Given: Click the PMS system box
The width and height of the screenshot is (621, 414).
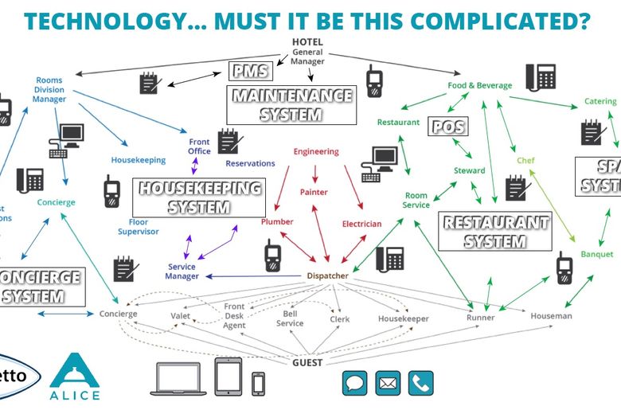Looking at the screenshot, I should click(249, 72).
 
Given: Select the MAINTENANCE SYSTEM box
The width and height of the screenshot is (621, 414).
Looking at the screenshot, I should click(291, 105).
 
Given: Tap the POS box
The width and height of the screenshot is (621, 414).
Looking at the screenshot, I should click(448, 126).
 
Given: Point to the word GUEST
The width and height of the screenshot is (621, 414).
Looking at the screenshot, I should click(307, 362).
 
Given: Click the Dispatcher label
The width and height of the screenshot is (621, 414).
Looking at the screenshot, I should click(327, 276).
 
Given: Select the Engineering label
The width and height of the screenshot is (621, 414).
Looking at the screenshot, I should click(316, 151).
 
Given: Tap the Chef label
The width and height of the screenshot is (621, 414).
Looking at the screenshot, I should click(525, 160).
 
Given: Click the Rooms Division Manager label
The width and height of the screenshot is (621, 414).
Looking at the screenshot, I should click(49, 89).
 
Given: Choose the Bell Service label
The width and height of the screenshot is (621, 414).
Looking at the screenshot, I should click(290, 318).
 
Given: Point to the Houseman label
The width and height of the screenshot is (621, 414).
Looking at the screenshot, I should click(551, 316).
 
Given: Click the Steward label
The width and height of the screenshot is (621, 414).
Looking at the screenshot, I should click(469, 171).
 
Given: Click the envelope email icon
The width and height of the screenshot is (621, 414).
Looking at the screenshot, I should click(388, 383).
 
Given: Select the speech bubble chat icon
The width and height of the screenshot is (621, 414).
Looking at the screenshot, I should click(354, 383).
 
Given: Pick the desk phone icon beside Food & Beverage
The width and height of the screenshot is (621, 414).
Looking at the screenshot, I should click(545, 78).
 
